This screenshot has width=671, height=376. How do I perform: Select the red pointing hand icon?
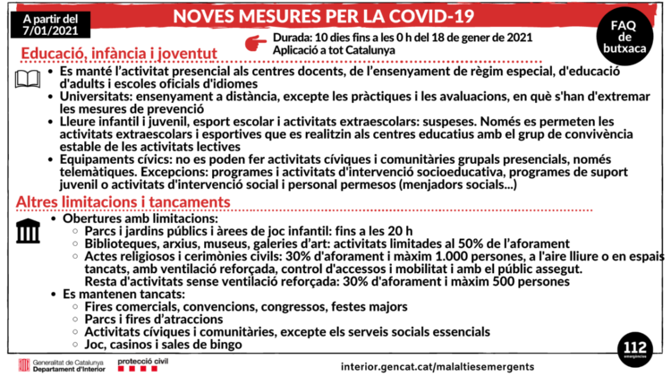[x=257, y=42]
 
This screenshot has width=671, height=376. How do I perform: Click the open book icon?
[x=28, y=81]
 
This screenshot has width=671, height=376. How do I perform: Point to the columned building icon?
[x=28, y=231]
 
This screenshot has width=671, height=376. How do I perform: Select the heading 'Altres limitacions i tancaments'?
[x=123, y=202]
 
